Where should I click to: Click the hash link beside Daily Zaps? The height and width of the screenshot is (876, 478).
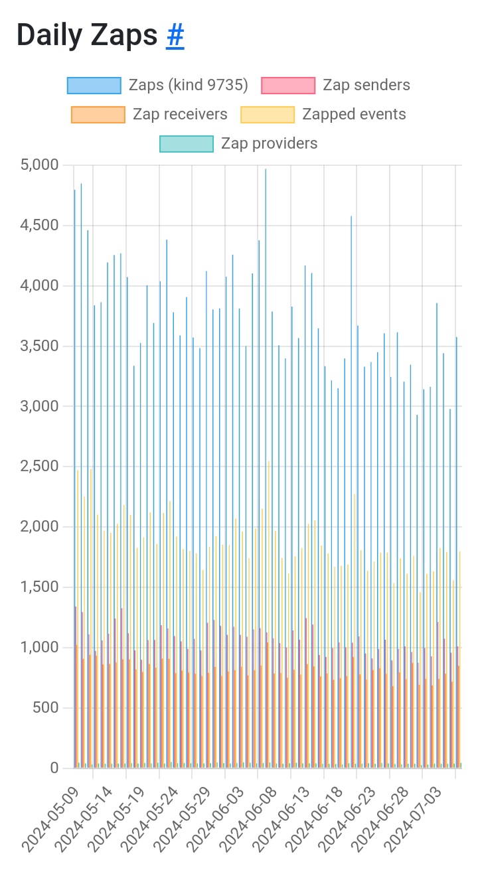pyautogui.click(x=175, y=36)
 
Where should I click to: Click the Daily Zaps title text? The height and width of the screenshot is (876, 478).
pyautogui.click(x=87, y=36)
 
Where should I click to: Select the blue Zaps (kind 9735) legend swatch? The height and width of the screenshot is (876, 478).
pyautogui.click(x=94, y=86)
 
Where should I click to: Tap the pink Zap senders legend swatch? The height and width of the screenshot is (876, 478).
pyautogui.click(x=288, y=86)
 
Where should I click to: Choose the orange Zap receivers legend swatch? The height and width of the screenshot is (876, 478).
pyautogui.click(x=98, y=115)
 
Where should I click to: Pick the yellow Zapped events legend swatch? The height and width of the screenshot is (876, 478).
pyautogui.click(x=268, y=115)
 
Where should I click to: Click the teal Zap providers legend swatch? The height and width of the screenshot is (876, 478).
pyautogui.click(x=187, y=144)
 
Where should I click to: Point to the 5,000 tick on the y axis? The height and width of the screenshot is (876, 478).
pyautogui.click(x=40, y=165)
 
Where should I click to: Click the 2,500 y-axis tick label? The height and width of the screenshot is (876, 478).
pyautogui.click(x=40, y=467)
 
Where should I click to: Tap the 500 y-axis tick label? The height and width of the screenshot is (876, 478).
pyautogui.click(x=46, y=708)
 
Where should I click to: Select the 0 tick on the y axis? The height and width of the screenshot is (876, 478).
pyautogui.click(x=54, y=768)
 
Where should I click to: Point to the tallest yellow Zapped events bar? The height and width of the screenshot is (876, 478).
pyautogui.click(x=269, y=597)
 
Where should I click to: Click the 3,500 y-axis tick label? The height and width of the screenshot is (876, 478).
pyautogui.click(x=40, y=346)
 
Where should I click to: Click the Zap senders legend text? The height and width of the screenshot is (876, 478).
pyautogui.click(x=366, y=85)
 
